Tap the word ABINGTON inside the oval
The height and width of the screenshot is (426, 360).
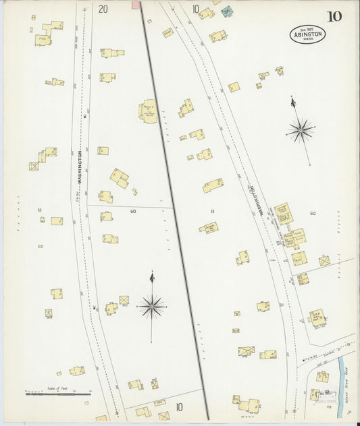coord(308,34)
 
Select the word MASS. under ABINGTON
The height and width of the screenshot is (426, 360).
coord(308,40)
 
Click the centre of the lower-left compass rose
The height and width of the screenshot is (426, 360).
coord(152,307)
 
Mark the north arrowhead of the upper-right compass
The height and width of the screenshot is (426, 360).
coord(292,101)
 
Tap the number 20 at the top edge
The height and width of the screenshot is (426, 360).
coord(103,9)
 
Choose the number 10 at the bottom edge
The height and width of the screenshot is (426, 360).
coord(179,407)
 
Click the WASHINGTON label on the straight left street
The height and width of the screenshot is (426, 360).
coord(80,169)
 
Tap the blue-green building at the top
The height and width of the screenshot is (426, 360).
coord(226,11)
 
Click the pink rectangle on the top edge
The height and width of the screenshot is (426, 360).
coord(135,5)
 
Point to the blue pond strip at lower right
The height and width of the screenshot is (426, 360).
coord(342,367)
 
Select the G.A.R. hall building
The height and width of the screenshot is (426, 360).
coord(317,317)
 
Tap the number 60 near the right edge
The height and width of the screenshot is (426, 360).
coord(313,213)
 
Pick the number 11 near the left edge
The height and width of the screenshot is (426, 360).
coord(40,210)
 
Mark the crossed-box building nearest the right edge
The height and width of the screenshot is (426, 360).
coord(324,260)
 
